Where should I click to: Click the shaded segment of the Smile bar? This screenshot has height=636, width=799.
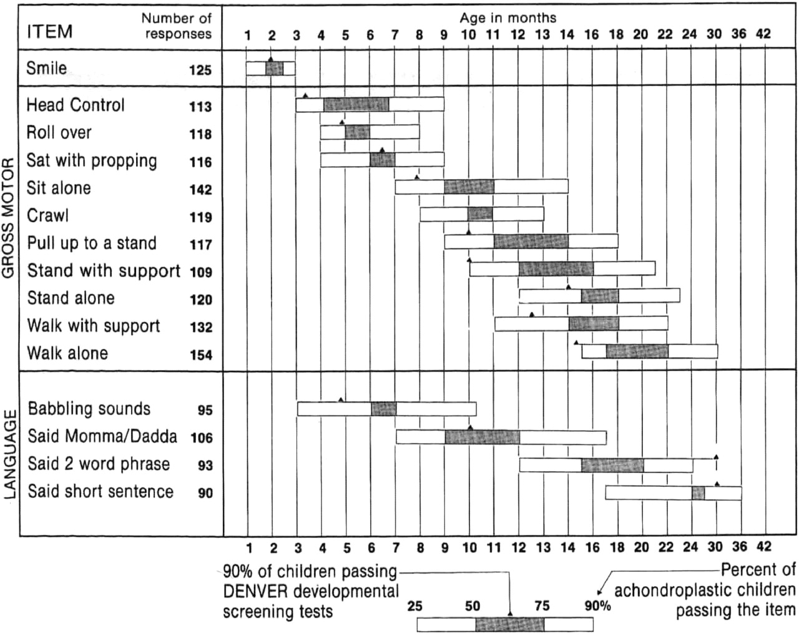pyautogui.click(x=275, y=69)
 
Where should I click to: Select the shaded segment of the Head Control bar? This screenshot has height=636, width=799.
pyautogui.click(x=356, y=105)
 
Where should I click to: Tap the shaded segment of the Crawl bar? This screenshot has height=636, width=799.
pyautogui.click(x=480, y=214)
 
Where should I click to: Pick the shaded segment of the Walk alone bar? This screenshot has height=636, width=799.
pyautogui.click(x=637, y=351)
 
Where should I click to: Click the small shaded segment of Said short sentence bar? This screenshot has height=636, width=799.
pyautogui.click(x=698, y=493)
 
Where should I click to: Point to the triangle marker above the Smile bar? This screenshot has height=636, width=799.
pyautogui.click(x=270, y=59)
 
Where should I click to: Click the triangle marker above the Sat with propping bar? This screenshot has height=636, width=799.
pyautogui.click(x=382, y=150)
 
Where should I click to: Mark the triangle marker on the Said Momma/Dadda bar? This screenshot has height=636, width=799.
pyautogui.click(x=470, y=428)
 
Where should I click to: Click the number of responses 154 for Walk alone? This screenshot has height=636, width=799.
pyautogui.click(x=200, y=355)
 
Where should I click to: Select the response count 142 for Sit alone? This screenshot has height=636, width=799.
pyautogui.click(x=200, y=190)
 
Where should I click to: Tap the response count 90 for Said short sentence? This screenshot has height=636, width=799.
pyautogui.click(x=205, y=493)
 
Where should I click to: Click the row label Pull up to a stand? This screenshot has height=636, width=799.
pyautogui.click(x=92, y=243)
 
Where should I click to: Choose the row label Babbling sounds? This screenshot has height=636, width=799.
pyautogui.click(x=89, y=409)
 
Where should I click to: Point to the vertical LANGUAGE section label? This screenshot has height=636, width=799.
pyautogui.click(x=9, y=454)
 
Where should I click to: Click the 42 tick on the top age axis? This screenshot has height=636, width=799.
pyautogui.click(x=763, y=34)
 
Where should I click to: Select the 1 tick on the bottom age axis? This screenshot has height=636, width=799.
pyautogui.click(x=248, y=548)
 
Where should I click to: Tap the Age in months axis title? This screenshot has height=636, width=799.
pyautogui.click(x=507, y=17)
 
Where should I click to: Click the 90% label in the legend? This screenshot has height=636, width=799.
pyautogui.click(x=597, y=605)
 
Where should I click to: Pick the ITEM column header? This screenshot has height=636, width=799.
pyautogui.click(x=49, y=31)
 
